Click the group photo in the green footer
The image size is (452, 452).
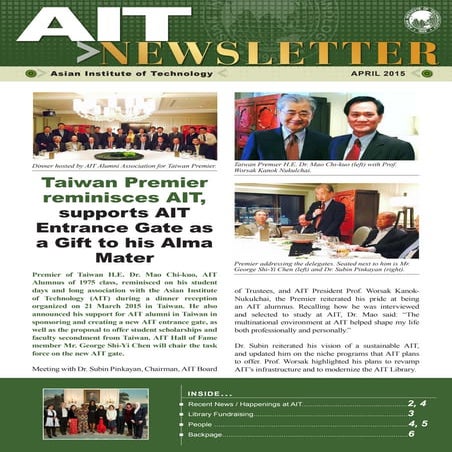[x=95, y=413]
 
